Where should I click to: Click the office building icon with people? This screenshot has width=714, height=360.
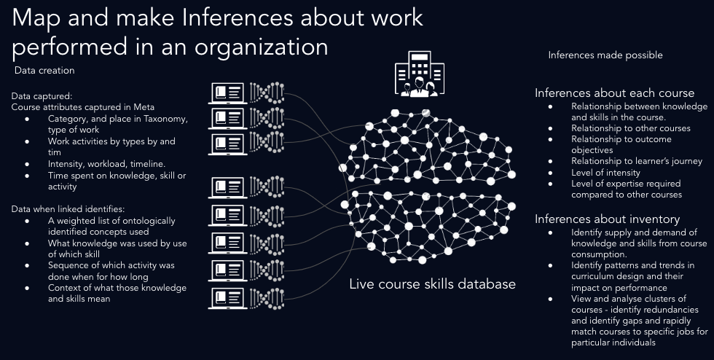pyautogui.click(x=420, y=74)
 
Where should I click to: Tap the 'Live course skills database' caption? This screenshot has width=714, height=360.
pyautogui.click(x=432, y=284)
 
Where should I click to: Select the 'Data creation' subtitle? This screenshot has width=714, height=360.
pyautogui.click(x=44, y=70)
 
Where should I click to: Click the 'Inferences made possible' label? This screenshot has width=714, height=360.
pyautogui.click(x=605, y=55)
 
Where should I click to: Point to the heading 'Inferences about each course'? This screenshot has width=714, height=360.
pyautogui.click(x=615, y=93)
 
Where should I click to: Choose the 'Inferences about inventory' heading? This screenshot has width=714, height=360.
pyautogui.click(x=607, y=219)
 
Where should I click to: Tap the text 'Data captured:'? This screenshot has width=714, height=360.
pyautogui.click(x=42, y=96)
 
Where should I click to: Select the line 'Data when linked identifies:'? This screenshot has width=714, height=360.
pyautogui.click(x=68, y=209)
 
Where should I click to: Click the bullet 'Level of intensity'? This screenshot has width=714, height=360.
pyautogui.click(x=605, y=173)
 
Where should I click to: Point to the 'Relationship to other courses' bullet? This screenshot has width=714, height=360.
pyautogui.click(x=631, y=128)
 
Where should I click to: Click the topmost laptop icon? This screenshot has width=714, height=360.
pyautogui.click(x=227, y=93)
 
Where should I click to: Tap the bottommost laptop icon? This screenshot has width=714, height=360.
pyautogui.click(x=227, y=298)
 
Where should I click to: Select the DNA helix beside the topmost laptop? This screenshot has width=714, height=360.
pyautogui.click(x=267, y=93)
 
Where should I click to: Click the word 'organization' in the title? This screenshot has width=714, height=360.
pyautogui.click(x=262, y=47)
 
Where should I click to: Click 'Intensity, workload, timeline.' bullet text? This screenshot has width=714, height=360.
pyautogui.click(x=106, y=163)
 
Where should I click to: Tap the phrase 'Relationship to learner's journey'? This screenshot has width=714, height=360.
pyautogui.click(x=637, y=161)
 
